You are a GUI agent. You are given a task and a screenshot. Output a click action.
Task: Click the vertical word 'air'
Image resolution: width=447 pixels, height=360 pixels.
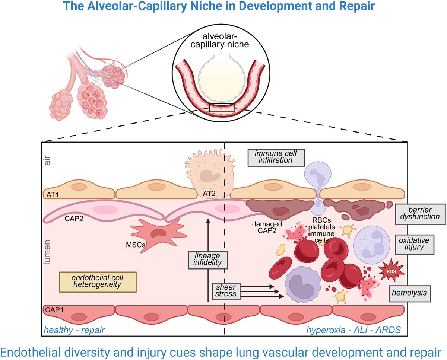click(x=48, y=161)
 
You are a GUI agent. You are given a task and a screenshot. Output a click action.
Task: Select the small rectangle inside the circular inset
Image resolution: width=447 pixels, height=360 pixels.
click(x=222, y=108)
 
